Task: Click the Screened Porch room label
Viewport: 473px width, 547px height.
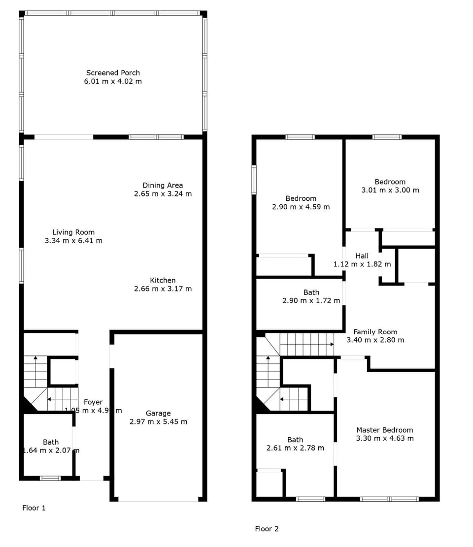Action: pos(113,73)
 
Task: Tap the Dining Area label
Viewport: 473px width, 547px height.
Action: pos(163,185)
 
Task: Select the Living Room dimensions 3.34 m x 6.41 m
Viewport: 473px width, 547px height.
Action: pos(73,241)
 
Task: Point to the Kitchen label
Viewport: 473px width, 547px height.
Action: pos(163,280)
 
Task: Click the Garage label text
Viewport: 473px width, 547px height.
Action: pos(158,413)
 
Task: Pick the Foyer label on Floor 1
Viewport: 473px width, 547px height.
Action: pos(93,402)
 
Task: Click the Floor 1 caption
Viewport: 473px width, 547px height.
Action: pos(34,508)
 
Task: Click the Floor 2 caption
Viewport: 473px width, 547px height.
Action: pos(267,529)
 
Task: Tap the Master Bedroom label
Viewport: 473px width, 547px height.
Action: pos(385,430)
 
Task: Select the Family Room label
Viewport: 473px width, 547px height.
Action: pos(375,332)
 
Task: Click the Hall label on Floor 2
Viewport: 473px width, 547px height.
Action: pos(362,256)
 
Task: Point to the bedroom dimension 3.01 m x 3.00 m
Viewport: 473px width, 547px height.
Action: pos(390,190)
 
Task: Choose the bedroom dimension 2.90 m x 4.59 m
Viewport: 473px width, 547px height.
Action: pos(301,207)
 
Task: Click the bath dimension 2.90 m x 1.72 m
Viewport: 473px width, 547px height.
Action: pos(311,300)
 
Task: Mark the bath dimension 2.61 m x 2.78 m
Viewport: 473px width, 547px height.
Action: pos(295,448)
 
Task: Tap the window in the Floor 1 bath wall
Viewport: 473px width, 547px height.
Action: pos(50,478)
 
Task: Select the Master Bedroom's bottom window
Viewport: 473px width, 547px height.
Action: pos(389,499)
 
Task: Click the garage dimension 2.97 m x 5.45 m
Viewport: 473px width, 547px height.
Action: pos(158,421)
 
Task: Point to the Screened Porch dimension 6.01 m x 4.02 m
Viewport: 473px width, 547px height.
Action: pos(113,81)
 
